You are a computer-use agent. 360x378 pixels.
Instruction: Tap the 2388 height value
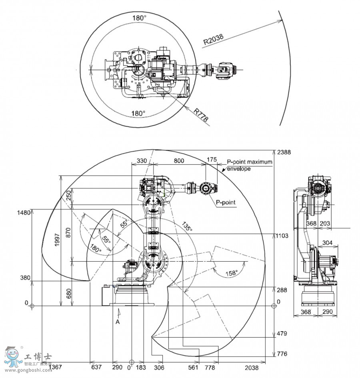point(284,152)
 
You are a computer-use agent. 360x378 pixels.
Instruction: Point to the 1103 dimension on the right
point(282,236)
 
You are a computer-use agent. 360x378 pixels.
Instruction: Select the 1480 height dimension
point(24,212)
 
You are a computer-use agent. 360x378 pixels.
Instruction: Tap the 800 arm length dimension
point(179,160)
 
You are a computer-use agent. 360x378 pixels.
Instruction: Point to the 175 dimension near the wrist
point(212,160)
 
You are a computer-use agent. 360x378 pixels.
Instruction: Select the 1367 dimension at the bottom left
point(55,367)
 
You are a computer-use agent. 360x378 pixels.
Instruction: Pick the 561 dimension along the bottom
point(194,367)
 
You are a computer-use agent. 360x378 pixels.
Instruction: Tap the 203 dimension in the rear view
point(325,224)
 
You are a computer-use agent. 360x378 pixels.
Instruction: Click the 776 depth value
point(282,354)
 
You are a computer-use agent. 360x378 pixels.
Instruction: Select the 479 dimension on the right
point(282,333)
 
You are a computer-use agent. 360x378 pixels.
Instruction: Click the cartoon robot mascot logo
point(13,356)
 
